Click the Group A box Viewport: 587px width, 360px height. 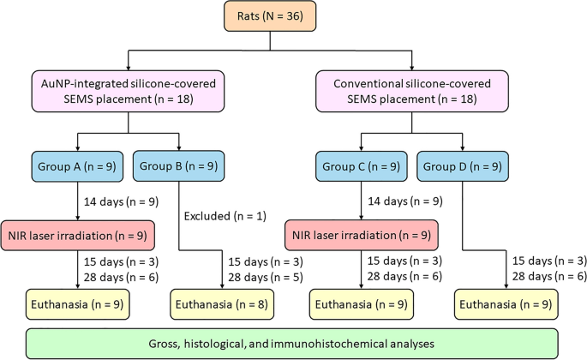(78, 164)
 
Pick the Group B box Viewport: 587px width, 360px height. (179, 164)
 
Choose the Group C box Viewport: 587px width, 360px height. (360, 164)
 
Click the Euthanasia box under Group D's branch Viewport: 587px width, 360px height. (504, 303)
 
